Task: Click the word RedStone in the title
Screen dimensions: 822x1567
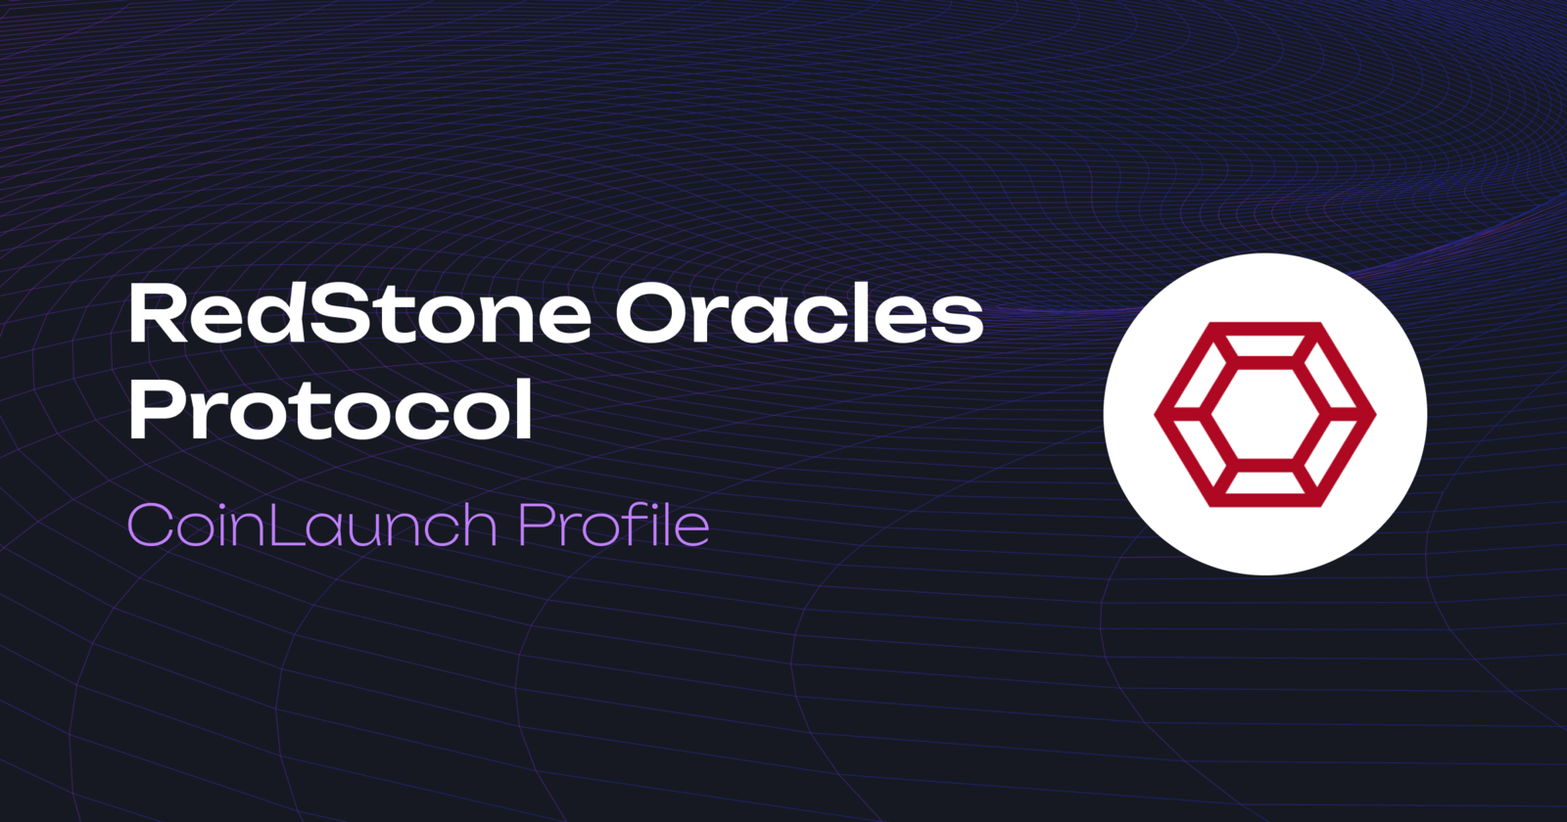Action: [x=358, y=314]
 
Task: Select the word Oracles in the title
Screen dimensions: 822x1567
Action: [x=798, y=314]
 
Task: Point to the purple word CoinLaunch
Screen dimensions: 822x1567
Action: [x=312, y=525]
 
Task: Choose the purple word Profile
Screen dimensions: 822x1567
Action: [x=613, y=525]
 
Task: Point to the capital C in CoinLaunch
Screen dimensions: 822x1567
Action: [x=150, y=525]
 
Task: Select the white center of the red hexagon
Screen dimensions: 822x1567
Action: [x=1264, y=414]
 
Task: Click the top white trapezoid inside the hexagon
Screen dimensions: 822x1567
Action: [x=1264, y=346]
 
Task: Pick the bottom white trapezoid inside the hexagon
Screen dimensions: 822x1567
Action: [x=1264, y=481]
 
